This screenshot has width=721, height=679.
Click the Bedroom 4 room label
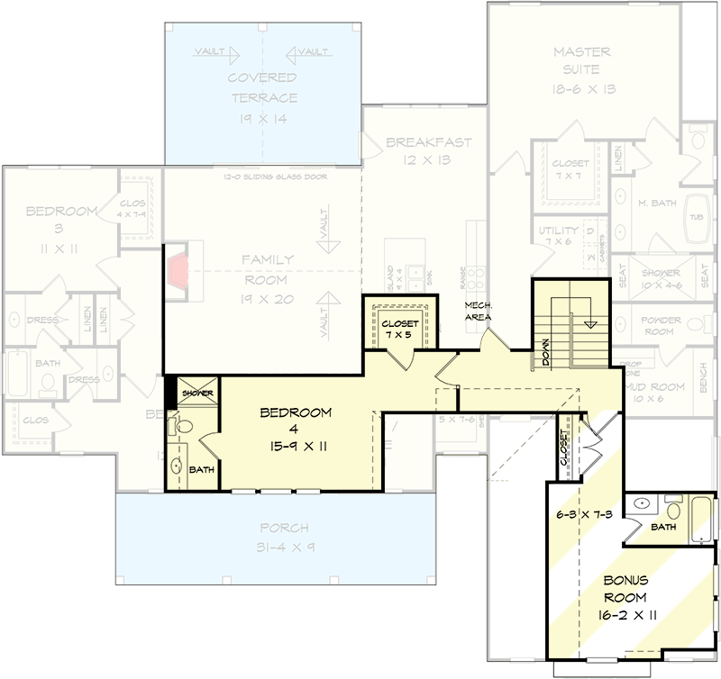pyautogui.click(x=296, y=428)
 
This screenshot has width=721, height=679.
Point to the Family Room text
pyautogui.click(x=267, y=279)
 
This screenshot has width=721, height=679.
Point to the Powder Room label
pyautogui.click(x=662, y=326)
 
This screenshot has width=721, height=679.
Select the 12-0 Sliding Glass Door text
pyautogui.click(x=276, y=177)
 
